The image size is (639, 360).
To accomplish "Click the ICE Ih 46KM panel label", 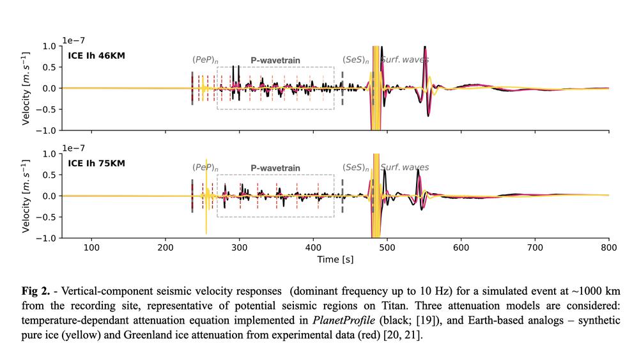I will coord(96,56).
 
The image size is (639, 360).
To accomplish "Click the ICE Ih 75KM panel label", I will coord(96,163).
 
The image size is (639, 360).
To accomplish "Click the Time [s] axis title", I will coord(335,260).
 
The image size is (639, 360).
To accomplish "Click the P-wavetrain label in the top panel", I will coord(275,60).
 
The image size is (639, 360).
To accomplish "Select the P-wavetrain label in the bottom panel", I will coord(275,168).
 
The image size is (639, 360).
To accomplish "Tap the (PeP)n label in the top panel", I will coord(205,60).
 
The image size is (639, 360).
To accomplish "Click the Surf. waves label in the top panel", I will coord(404,60).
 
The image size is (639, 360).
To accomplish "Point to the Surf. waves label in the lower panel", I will coord(404,168).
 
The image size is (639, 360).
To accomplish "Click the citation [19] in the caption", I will coord(417,321).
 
